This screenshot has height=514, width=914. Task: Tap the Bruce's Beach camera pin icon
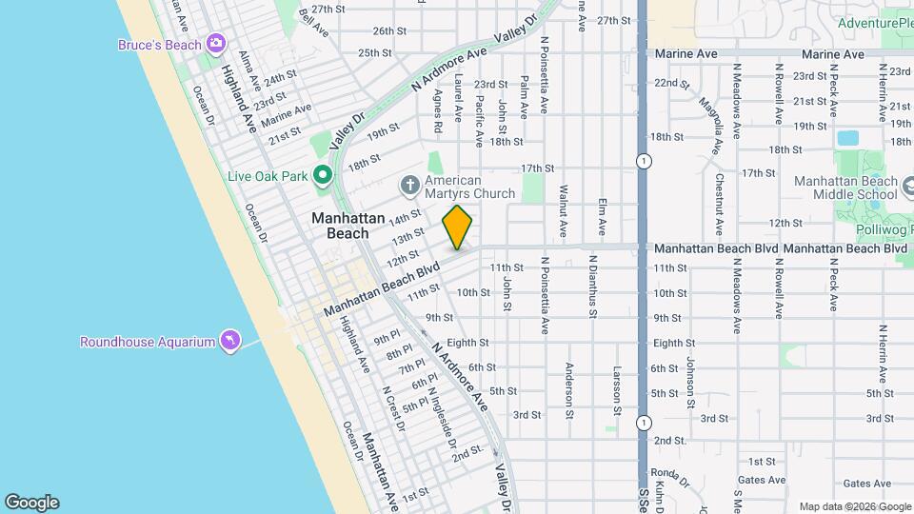(216, 43)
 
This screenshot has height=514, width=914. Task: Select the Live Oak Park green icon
(323, 174)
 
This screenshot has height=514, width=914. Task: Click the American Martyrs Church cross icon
(410, 184)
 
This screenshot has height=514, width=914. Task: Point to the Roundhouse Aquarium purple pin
(228, 340)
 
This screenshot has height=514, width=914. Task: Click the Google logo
(31, 503)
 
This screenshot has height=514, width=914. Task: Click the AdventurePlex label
(876, 23)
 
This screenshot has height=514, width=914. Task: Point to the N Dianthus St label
(592, 285)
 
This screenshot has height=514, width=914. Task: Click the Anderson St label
(569, 390)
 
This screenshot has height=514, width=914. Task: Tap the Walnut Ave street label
(563, 210)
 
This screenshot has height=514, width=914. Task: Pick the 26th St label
(389, 31)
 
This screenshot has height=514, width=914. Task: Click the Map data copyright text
(854, 506)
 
